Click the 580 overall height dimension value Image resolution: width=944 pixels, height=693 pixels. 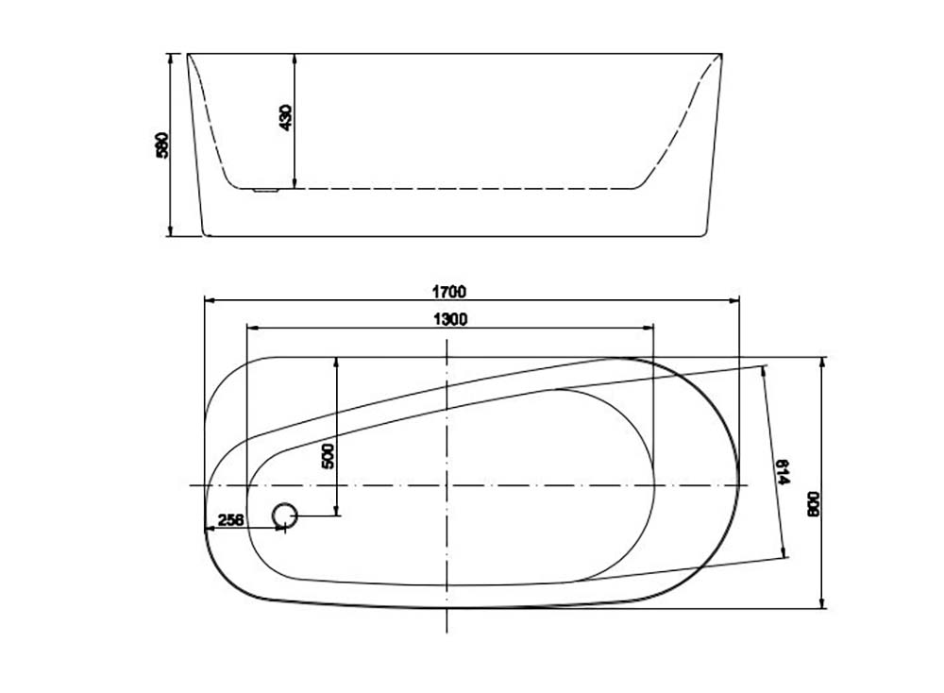(x=162, y=144)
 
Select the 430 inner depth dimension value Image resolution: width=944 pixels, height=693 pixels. (x=286, y=117)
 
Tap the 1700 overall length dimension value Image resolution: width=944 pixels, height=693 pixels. (x=450, y=292)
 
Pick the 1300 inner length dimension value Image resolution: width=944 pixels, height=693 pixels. (x=450, y=319)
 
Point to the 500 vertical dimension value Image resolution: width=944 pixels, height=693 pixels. (x=328, y=455)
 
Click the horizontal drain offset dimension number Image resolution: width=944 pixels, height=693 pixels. (x=231, y=519)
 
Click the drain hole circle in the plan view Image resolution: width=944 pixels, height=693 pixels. (x=284, y=516)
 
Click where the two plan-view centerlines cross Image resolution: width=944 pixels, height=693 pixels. (x=447, y=485)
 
